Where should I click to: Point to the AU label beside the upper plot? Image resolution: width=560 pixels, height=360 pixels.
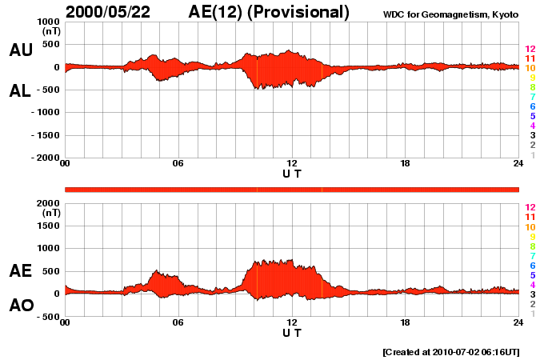(x=21, y=50)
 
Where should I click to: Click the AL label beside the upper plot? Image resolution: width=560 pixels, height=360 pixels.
(x=21, y=91)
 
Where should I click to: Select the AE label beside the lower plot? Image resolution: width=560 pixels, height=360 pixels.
(x=21, y=271)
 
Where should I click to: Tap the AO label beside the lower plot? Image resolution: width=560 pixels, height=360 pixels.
(x=21, y=306)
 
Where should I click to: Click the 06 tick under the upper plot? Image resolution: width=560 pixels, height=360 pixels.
(x=178, y=164)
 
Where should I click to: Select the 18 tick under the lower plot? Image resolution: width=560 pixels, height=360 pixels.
(x=406, y=322)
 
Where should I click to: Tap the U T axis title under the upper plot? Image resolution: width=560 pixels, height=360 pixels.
(x=292, y=174)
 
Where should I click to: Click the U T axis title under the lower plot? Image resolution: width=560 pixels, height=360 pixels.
(x=292, y=332)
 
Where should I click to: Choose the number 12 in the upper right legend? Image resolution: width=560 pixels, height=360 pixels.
(x=530, y=49)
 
